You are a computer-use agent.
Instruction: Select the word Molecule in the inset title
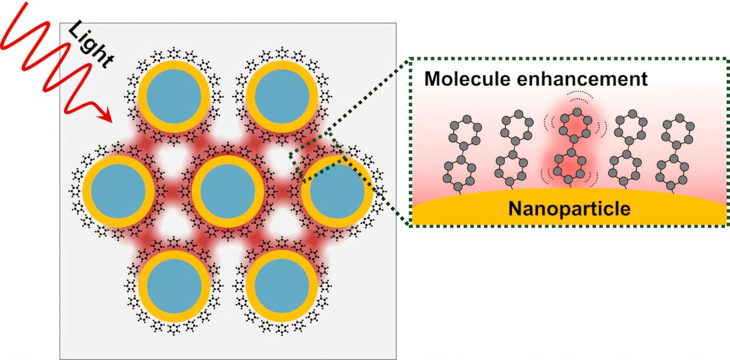point(467,79)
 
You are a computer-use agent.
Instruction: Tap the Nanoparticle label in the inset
point(569,209)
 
